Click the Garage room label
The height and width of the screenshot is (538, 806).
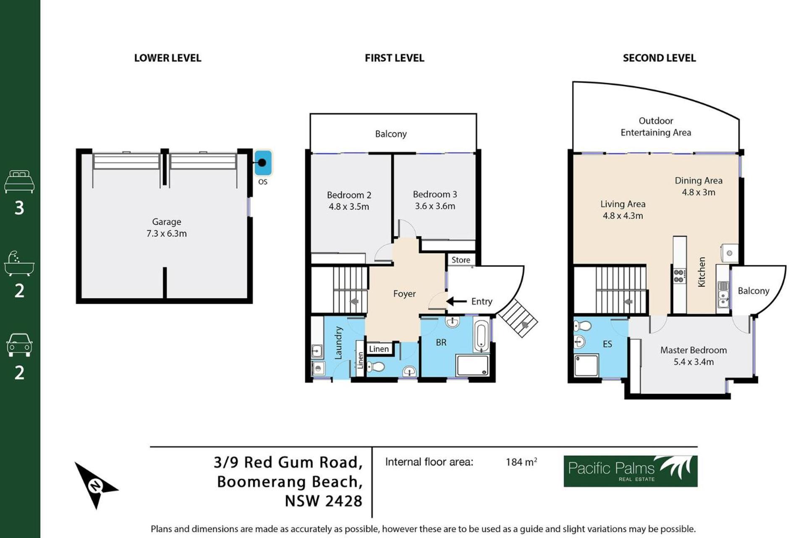point(167,222)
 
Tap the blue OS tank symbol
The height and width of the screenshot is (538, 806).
point(263,163)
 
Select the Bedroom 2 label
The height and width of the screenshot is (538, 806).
point(349,195)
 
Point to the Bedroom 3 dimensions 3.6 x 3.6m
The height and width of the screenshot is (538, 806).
point(435,206)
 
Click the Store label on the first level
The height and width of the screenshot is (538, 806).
point(461,260)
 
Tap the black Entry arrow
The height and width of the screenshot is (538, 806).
point(456,301)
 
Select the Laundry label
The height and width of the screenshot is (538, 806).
point(338,343)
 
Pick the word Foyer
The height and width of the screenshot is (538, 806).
point(404,294)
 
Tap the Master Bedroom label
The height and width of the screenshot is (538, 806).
point(693,350)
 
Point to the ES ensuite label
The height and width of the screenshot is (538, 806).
point(607,344)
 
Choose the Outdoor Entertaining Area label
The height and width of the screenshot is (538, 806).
point(656,127)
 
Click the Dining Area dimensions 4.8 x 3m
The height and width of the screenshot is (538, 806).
point(699,192)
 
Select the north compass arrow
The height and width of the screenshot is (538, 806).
point(96,485)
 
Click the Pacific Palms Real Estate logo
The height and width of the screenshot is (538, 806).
point(631,471)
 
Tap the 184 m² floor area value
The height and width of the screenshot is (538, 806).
point(521,462)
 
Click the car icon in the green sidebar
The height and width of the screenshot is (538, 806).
point(19,345)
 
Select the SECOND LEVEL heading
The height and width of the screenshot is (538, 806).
point(659,58)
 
